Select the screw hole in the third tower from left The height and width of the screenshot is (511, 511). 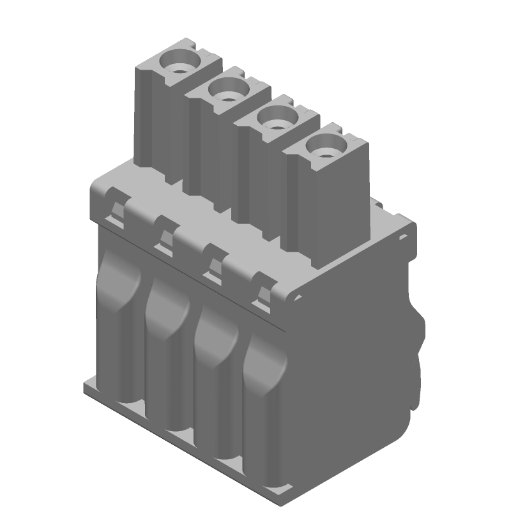coord(274,119)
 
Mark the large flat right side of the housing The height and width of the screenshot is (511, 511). coord(358,358)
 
